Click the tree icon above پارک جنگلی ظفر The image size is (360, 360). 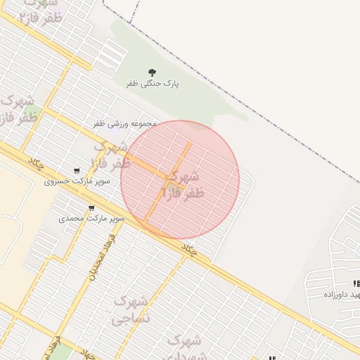pyautogui.click(x=152, y=72)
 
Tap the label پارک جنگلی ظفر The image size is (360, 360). pyautogui.click(x=153, y=84)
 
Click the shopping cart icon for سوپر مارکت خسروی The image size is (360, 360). pyautogui.click(x=77, y=171)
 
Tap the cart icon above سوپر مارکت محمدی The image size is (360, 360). pyautogui.click(x=91, y=207)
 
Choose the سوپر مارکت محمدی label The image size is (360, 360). pyautogui.click(x=91, y=219)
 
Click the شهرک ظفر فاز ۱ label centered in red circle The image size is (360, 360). pyautogui.click(x=181, y=184)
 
